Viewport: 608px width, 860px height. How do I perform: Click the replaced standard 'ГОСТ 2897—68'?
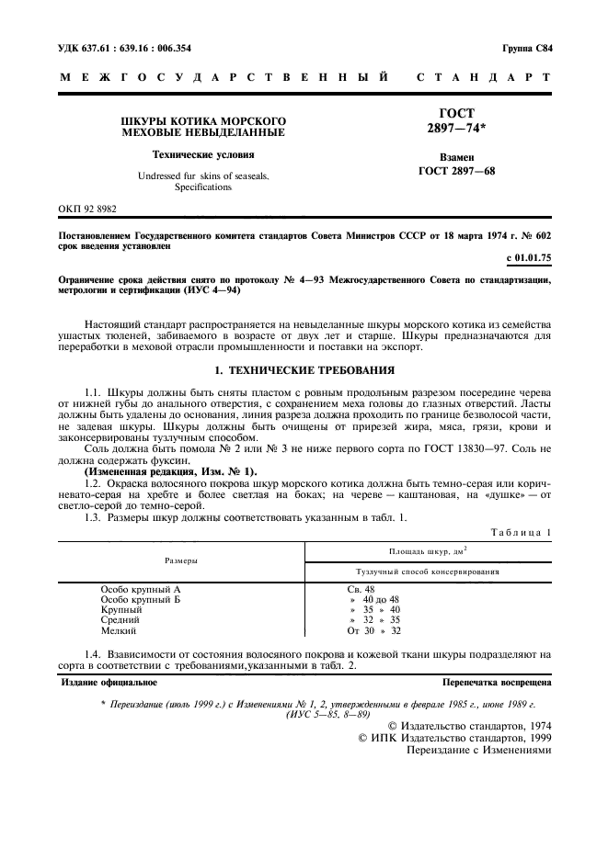[455, 170]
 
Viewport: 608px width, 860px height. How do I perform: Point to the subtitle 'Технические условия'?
[203, 155]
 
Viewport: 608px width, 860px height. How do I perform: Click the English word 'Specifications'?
[203, 187]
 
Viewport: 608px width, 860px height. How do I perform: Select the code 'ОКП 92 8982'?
[88, 209]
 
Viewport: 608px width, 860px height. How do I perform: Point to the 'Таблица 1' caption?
[522, 532]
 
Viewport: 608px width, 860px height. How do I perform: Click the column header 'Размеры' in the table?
[181, 559]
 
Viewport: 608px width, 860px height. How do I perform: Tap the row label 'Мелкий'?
[119, 630]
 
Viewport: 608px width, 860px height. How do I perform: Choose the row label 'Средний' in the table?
[120, 620]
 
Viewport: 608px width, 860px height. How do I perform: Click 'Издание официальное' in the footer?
[109, 683]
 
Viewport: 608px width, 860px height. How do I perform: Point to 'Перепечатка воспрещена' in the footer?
[497, 683]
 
